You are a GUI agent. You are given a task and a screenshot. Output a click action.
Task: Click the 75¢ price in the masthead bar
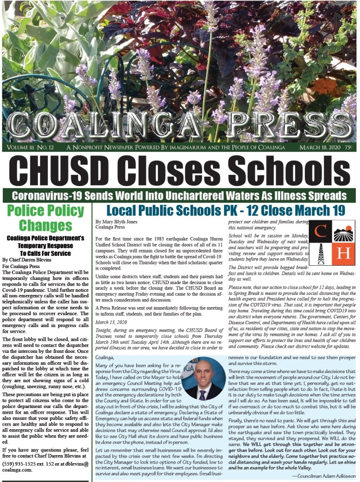click(x=349, y=147)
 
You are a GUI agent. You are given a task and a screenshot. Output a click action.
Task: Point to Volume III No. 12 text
click(x=29, y=147)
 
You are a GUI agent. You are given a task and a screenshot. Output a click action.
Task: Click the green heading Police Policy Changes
click(x=45, y=218)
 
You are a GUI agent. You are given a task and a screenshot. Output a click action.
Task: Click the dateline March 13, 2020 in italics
click(x=112, y=322)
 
